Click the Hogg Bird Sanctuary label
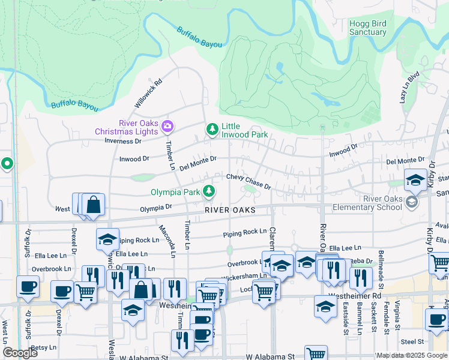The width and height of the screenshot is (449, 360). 367,28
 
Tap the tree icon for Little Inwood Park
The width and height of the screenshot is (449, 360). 211,129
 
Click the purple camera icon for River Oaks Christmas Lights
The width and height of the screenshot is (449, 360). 167,126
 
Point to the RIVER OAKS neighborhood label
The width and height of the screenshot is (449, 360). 230,210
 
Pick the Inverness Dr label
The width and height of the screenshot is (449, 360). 122,141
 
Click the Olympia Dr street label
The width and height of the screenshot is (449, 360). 156,208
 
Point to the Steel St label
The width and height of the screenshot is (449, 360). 412,341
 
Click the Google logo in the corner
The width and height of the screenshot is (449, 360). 20,353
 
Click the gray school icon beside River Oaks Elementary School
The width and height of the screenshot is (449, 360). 412,203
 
